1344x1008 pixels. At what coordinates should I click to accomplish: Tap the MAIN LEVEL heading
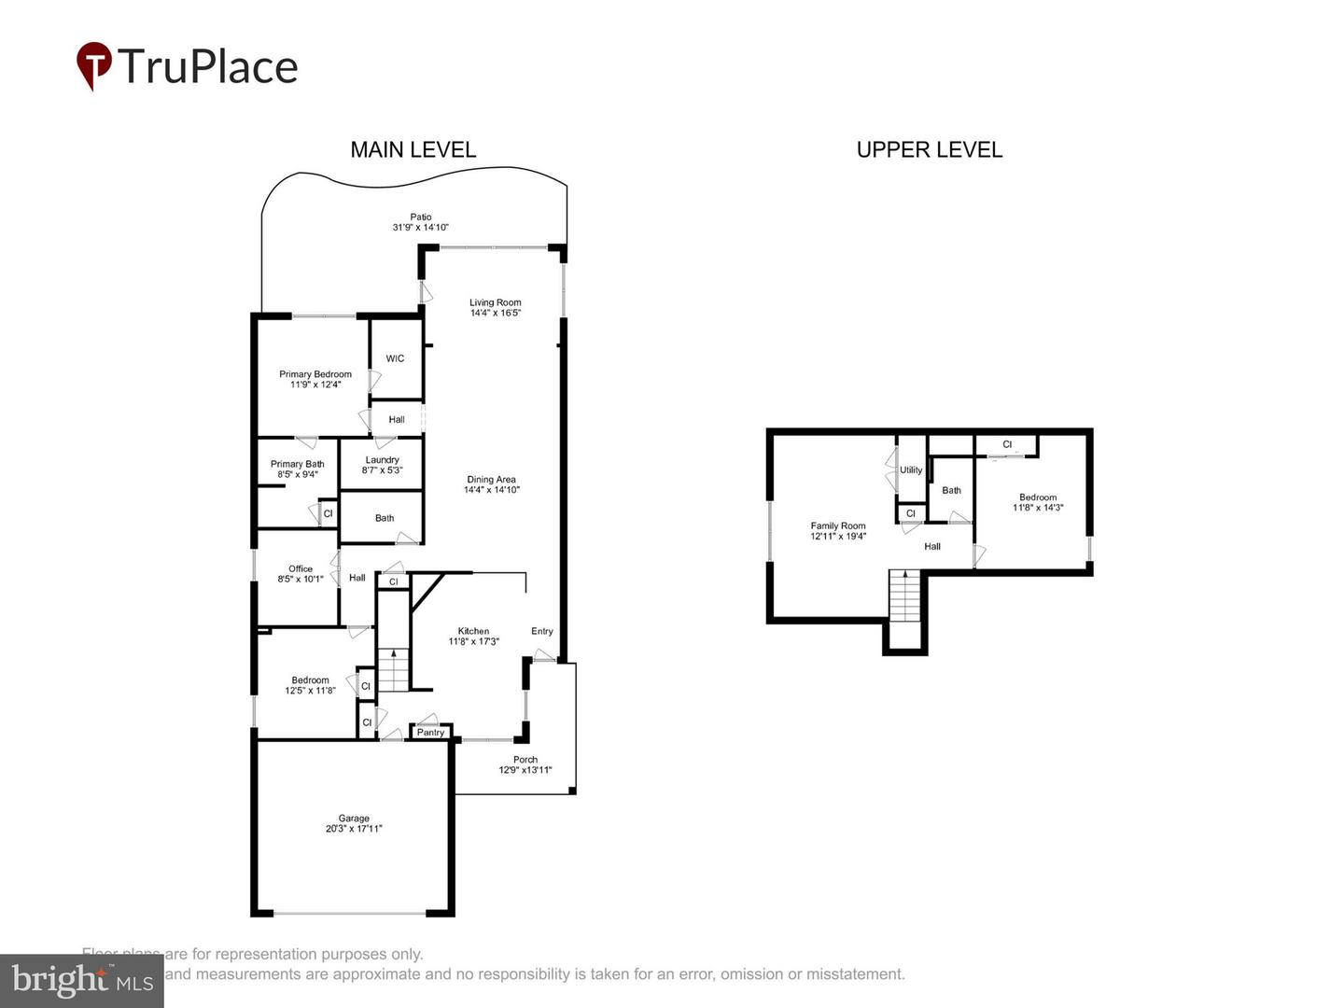pyautogui.click(x=413, y=149)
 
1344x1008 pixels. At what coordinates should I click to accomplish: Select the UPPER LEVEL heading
pyautogui.click(x=929, y=149)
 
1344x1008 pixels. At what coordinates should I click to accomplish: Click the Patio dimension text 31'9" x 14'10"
pyautogui.click(x=420, y=227)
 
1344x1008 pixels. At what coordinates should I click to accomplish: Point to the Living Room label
pyautogui.click(x=495, y=302)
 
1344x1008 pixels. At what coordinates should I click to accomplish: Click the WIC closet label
pyautogui.click(x=395, y=358)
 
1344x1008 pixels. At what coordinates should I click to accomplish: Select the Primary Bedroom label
pyautogui.click(x=315, y=374)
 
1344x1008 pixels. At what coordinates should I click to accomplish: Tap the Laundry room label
pyautogui.click(x=382, y=460)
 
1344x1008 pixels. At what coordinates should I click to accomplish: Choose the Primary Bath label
pyautogui.click(x=297, y=464)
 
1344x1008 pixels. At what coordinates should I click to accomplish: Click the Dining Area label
pyautogui.click(x=491, y=480)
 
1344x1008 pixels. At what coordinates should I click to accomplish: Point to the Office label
pyautogui.click(x=301, y=568)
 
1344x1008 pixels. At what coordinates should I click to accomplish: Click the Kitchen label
pyautogui.click(x=473, y=631)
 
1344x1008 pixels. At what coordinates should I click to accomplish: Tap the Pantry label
pyautogui.click(x=430, y=733)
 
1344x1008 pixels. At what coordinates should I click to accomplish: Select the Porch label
pyautogui.click(x=525, y=760)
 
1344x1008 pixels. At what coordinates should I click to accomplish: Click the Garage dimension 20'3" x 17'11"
pyautogui.click(x=354, y=829)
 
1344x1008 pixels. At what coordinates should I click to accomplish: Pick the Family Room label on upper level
pyautogui.click(x=837, y=525)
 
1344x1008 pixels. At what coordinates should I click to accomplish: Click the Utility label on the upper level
pyautogui.click(x=911, y=470)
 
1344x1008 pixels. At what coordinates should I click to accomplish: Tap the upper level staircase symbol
pyautogui.click(x=903, y=596)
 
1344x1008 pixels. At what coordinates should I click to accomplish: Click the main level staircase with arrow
pyautogui.click(x=393, y=669)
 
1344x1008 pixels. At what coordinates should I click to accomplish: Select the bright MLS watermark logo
pyautogui.click(x=82, y=980)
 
